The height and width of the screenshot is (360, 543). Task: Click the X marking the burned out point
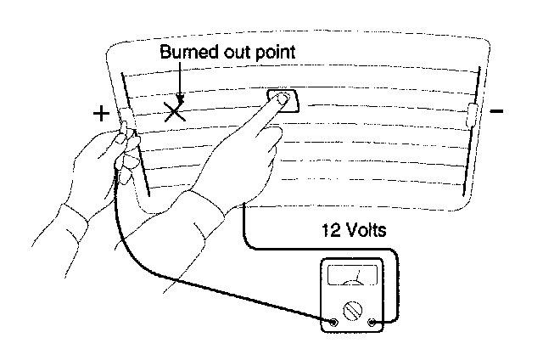tap(176, 111)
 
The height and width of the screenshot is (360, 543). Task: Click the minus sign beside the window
tap(498, 111)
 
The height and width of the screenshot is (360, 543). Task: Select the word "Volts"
tap(372, 229)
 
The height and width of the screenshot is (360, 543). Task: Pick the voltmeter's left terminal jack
tap(333, 323)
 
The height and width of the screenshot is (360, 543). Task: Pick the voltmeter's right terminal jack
tap(373, 323)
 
